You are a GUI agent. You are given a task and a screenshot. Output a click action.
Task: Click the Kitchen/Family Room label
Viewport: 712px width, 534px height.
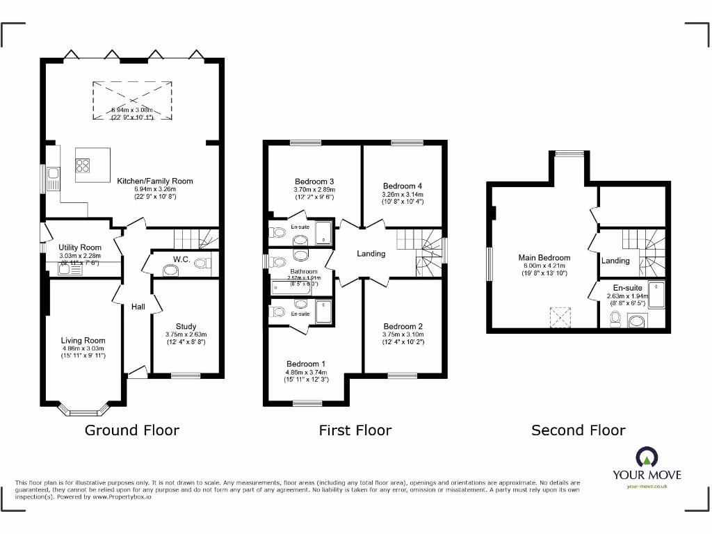coord(154,181)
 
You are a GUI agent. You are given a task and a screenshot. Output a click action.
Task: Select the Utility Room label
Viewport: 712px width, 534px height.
coord(81,248)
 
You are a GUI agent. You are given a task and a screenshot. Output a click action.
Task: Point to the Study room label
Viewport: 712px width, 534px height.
coord(186,326)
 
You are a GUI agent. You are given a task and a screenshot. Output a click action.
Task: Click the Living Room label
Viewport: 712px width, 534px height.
coord(83,341)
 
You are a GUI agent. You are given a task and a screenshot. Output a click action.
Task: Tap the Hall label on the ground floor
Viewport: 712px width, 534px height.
coord(138,307)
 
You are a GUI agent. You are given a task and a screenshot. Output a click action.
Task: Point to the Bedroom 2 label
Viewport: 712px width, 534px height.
coord(403,326)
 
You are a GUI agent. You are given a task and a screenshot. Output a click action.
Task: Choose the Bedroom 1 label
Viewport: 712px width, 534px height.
coord(305,364)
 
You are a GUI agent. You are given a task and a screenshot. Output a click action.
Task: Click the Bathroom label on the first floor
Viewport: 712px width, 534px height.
coord(304,272)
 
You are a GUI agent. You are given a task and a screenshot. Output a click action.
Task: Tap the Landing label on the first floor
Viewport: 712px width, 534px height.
coord(371,254)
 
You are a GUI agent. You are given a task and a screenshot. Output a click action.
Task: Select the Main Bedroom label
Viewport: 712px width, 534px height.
coord(544,257)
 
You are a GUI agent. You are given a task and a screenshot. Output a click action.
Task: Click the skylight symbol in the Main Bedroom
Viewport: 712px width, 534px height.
coord(560,316)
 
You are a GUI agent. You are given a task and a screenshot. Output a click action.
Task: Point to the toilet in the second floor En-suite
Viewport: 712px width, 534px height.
coord(615,319)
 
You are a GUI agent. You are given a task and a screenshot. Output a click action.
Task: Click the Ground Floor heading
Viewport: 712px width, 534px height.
coord(132,430)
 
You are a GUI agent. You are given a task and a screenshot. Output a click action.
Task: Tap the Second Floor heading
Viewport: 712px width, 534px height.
coord(578,430)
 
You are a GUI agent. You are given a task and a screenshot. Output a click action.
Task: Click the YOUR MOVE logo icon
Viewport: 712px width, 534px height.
coord(647,458)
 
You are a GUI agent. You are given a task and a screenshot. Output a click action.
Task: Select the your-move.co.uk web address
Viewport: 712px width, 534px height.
coord(647,486)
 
